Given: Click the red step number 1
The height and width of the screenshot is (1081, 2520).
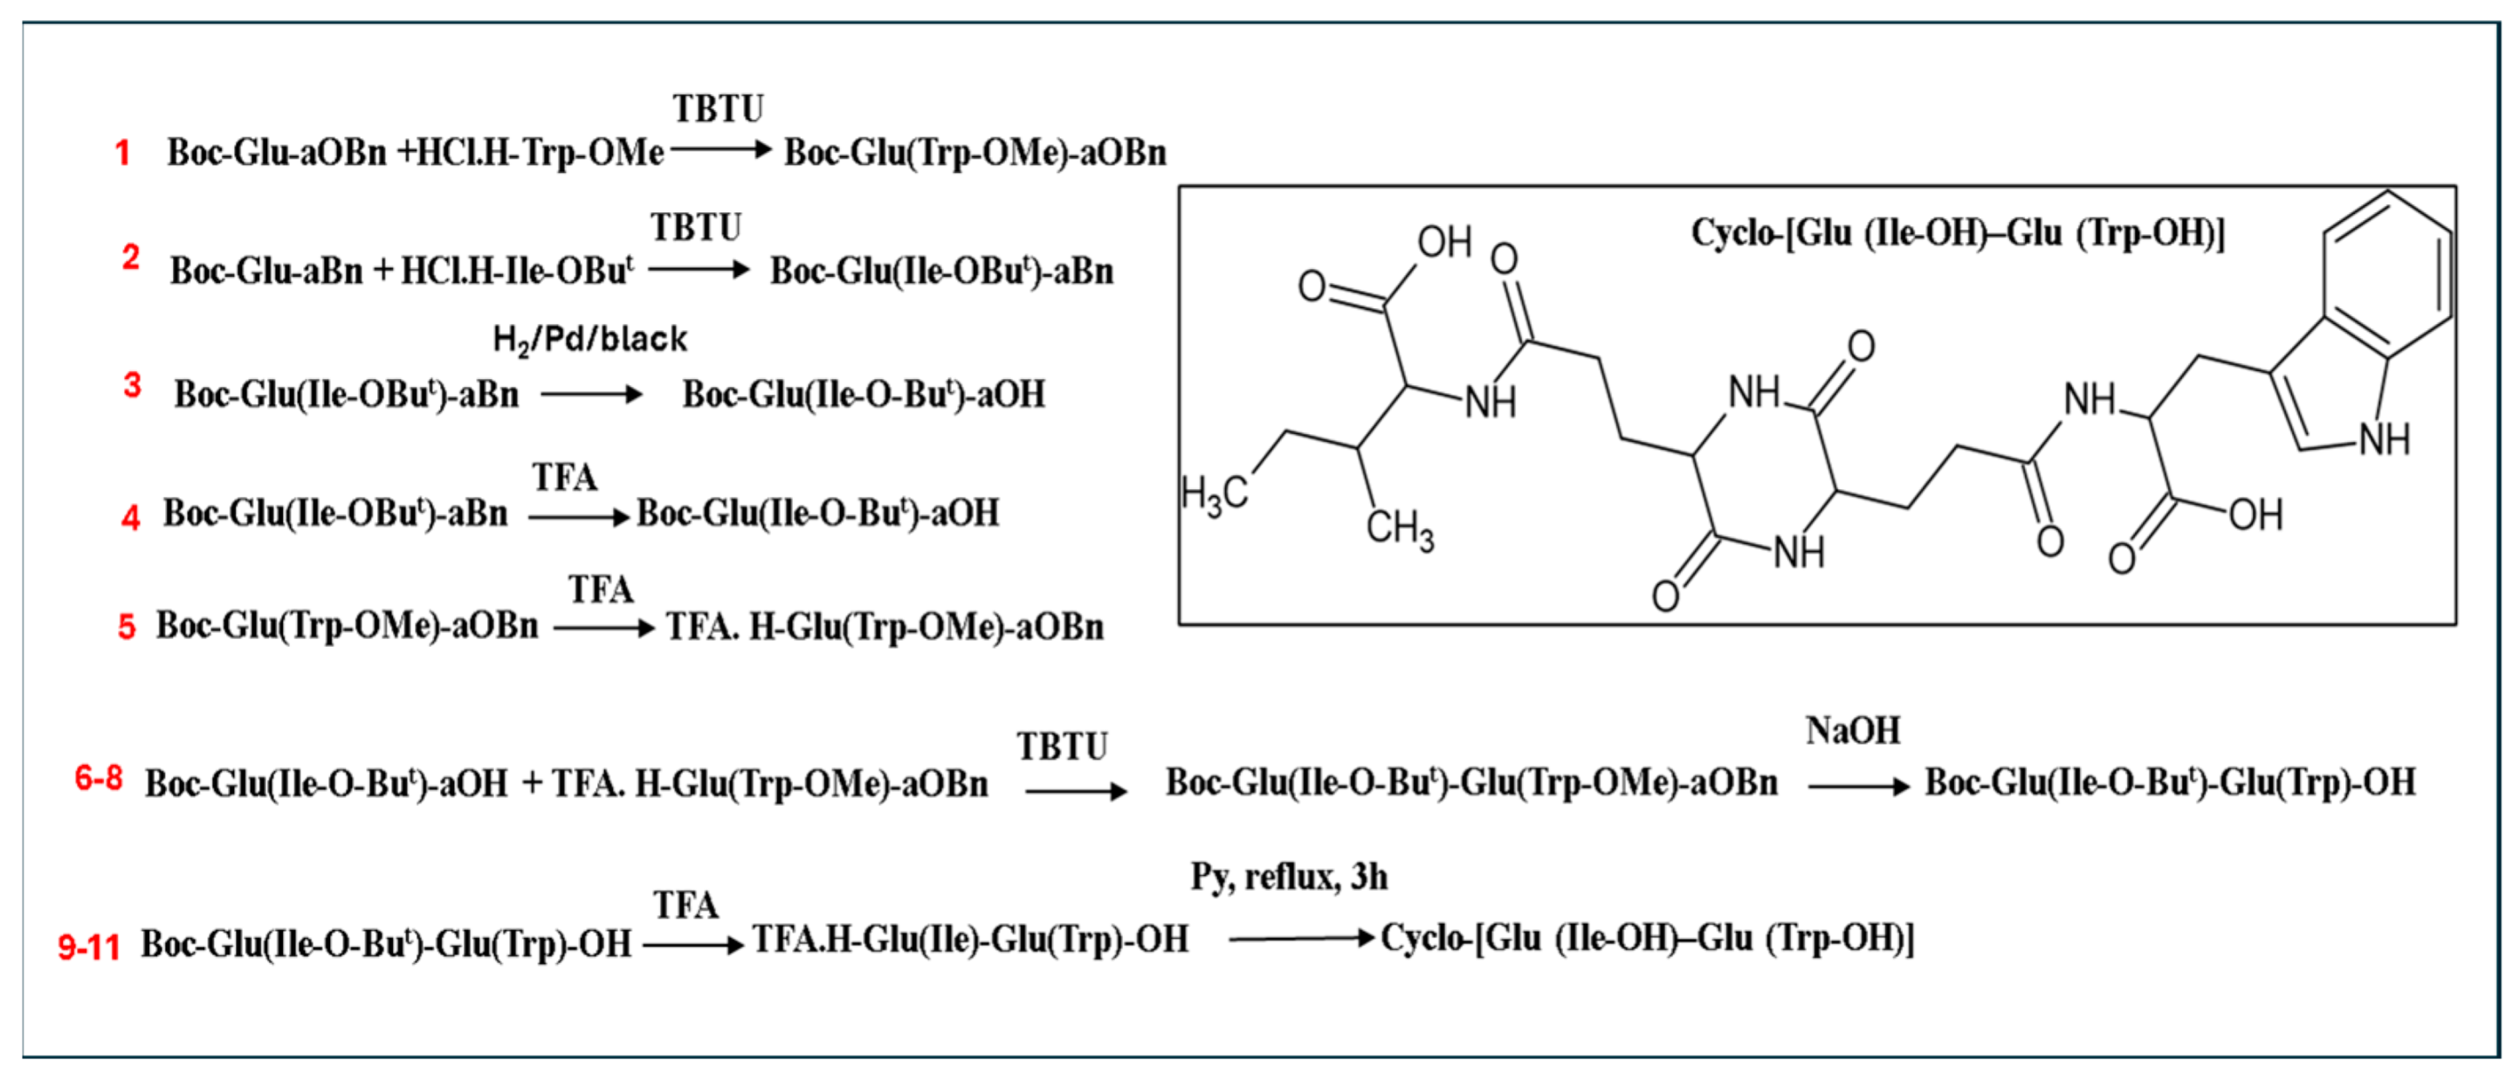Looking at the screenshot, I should pos(122,154).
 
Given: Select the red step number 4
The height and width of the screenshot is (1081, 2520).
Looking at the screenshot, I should pos(130,517).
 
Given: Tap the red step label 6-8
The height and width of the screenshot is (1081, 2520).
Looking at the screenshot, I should pos(99,779).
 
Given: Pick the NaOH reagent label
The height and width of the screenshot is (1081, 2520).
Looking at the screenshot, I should pos(1853,731).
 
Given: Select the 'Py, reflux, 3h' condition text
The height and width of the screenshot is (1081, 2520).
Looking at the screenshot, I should pos(1288,877).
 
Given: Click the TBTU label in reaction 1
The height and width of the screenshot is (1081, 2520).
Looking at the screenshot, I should pos(718,108).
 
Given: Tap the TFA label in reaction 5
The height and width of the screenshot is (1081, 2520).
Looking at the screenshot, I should pos(601,590).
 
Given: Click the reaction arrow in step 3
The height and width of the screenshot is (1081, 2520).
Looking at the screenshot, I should pos(591,396).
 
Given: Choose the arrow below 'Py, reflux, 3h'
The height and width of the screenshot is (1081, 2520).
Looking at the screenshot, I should pos(1301,940).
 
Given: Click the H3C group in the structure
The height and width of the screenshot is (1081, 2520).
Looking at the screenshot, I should pos(1214,494).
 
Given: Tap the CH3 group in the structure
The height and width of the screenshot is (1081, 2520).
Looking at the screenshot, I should pos(1400,529).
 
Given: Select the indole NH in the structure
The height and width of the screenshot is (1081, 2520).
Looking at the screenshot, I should pos(2384,439).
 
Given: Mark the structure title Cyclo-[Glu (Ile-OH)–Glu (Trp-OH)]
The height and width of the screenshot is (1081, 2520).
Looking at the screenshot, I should pos(1958,233).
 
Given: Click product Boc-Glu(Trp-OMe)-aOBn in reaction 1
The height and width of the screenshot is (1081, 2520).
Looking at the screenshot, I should pos(975,154).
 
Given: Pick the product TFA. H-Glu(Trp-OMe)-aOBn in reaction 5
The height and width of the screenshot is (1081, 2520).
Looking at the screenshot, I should pos(885,627).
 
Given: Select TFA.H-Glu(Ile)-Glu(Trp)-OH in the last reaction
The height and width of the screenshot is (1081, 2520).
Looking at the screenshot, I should pos(970,940).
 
